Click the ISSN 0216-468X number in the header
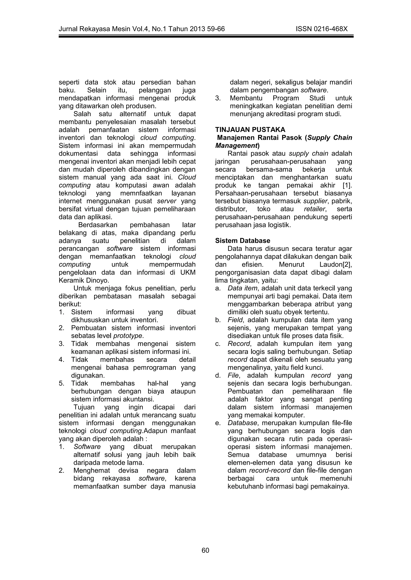click(321, 29)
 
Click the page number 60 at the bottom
click(205, 550)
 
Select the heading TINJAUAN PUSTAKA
click(250, 130)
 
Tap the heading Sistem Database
click(242, 241)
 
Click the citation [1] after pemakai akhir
click(347, 185)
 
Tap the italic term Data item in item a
click(242, 288)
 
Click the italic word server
click(167, 201)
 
